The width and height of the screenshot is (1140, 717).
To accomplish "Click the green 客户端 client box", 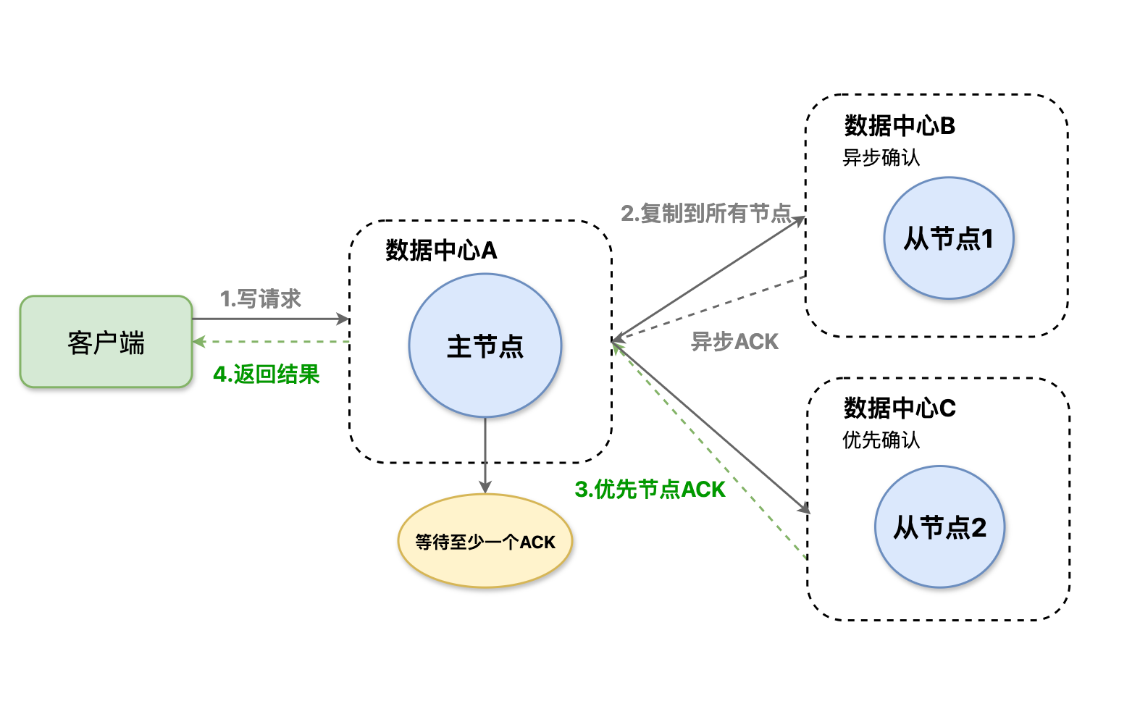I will click(x=106, y=342).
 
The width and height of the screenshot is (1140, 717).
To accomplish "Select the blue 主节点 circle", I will click(x=485, y=345).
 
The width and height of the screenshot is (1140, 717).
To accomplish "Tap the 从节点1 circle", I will click(x=948, y=238).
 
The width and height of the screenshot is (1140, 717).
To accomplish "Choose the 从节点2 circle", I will click(x=939, y=527).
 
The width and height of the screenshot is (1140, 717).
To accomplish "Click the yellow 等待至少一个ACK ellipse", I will click(x=485, y=541).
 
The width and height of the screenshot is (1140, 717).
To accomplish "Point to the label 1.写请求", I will click(x=260, y=298).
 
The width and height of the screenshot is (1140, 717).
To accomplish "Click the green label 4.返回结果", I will click(x=267, y=374).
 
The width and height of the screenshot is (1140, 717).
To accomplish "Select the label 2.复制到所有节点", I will click(x=706, y=213).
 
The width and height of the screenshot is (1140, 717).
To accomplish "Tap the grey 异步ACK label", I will click(x=734, y=341).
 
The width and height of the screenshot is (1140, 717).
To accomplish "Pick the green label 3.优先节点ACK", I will click(x=650, y=490).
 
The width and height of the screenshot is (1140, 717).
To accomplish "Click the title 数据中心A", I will click(x=441, y=251).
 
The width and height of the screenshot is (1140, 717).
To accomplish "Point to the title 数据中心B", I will click(x=900, y=126).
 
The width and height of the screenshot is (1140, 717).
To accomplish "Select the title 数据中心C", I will click(x=900, y=408).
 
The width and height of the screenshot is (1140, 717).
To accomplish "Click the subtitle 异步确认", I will click(x=881, y=158).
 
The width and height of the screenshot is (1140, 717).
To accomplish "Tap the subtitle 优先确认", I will click(x=881, y=440).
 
